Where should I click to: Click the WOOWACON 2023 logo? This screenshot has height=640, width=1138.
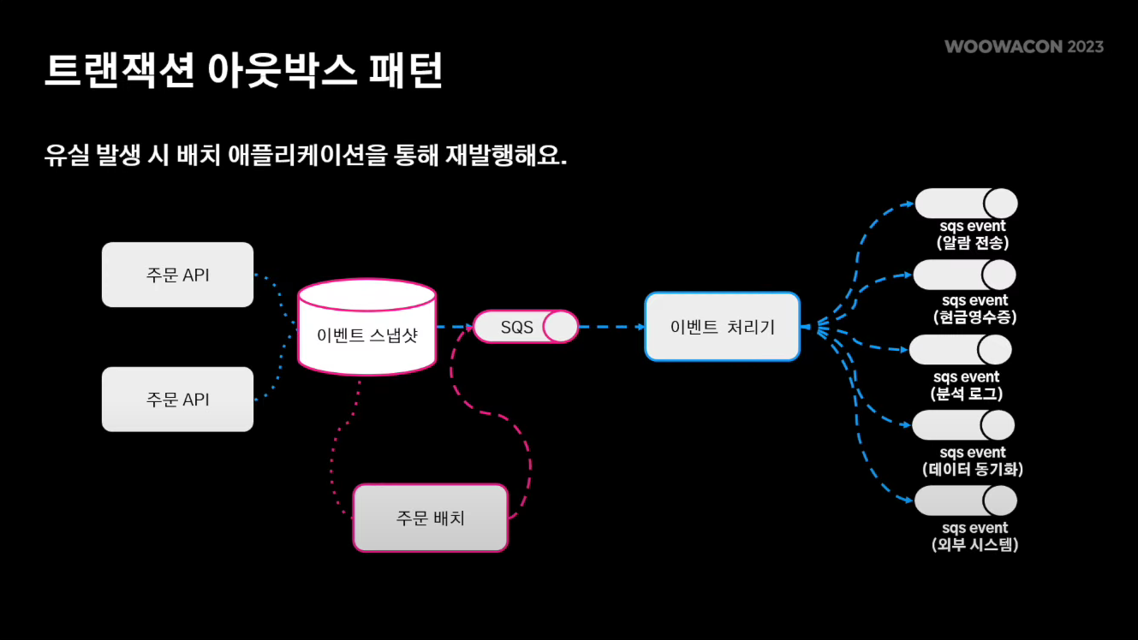coord(1024,46)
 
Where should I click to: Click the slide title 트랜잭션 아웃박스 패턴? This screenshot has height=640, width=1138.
coord(244,72)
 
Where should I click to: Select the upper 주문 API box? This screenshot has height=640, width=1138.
coord(177,275)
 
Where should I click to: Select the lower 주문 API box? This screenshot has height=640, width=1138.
coord(177,400)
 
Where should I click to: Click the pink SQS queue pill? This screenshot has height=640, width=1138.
coord(526,327)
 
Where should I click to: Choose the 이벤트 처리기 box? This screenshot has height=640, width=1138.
coord(722,327)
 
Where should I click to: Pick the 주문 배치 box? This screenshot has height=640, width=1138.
coord(430,518)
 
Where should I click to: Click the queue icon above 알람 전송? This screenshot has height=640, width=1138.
coord(966,204)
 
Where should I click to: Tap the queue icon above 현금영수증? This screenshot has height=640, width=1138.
coord(964,275)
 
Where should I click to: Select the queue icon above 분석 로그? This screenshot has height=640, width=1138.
coord(960,350)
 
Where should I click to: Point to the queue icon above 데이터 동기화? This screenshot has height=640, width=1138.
coord(962,425)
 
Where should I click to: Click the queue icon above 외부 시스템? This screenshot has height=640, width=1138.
coord(965,501)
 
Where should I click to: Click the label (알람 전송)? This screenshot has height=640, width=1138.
coord(973,243)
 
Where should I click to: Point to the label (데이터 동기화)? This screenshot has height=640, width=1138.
coord(973,469)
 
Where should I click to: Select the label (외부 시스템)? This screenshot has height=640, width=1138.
coord(974,544)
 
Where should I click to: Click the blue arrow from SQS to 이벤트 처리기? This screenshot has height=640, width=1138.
coord(611,327)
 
